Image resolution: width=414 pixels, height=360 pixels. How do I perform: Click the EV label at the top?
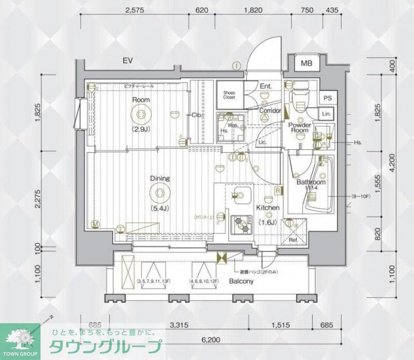point(128,61)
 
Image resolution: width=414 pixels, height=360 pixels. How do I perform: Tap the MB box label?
point(307,64)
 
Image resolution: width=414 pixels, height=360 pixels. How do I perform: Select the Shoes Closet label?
point(229,95)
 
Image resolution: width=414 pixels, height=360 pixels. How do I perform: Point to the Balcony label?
point(241,282)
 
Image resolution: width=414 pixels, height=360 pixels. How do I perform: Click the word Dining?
point(160,179)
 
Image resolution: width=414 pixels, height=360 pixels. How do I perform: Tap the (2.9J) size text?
point(140,128)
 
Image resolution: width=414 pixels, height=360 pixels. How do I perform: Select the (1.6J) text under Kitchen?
point(268,222)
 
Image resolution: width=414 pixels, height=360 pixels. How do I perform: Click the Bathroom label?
point(310,183)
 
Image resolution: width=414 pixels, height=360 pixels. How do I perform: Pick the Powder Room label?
point(299,128)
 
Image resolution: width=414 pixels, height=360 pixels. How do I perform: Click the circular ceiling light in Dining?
point(159,194)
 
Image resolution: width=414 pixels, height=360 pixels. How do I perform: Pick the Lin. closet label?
point(326,113)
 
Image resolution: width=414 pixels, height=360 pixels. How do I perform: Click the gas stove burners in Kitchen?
point(241,223)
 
